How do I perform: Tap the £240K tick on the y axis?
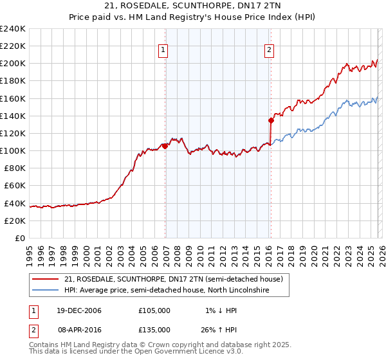[12, 29]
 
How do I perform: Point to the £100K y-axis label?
[12, 150]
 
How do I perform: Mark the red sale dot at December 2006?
[165, 146]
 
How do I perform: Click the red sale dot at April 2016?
[271, 120]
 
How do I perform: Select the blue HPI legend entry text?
[165, 291]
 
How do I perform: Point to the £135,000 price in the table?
[154, 329]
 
